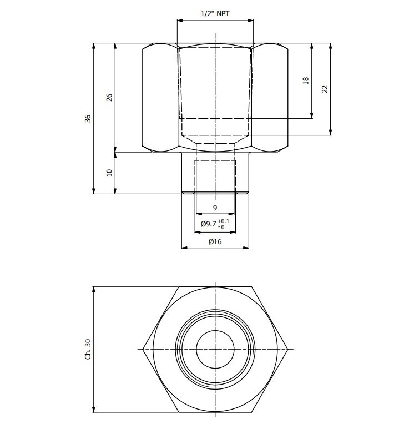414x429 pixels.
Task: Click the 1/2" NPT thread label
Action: pos(215,13)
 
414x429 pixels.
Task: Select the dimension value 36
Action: pos(88,118)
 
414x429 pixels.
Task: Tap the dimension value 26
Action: pos(109,97)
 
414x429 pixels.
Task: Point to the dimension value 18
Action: pos(306,80)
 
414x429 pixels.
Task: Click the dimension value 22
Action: pos(325,89)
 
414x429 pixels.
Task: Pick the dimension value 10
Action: pos(109,173)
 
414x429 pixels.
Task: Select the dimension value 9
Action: pos(215,208)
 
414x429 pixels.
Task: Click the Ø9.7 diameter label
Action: pos(209,224)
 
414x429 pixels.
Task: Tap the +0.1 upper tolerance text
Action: pos(224,221)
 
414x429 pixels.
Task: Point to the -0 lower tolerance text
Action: pos(221,227)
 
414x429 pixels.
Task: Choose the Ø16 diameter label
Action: pos(215,241)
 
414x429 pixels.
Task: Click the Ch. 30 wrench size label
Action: pos(88,350)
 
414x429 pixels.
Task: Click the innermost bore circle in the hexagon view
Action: pos(215,350)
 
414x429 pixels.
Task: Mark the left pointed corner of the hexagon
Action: pos(143,350)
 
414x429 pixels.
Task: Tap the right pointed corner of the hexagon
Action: pos(288,350)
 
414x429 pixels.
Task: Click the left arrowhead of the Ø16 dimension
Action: pos(184,248)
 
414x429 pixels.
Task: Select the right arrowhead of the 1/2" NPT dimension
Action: pos(250,20)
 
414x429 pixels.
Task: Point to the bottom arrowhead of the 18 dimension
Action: pos(312,115)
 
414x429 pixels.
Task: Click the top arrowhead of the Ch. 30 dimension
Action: pos(94,290)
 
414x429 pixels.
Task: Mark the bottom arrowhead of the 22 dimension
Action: pos(331,132)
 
